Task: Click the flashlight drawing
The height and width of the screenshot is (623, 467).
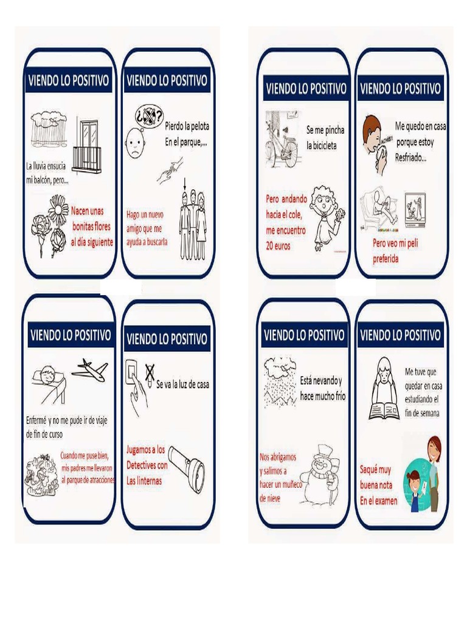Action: pyautogui.click(x=187, y=465)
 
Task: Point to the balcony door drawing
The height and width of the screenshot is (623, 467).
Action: pyautogui.click(x=89, y=144)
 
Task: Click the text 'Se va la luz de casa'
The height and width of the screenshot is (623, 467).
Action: pyautogui.click(x=183, y=384)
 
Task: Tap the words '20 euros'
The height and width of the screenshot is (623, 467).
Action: pyautogui.click(x=278, y=246)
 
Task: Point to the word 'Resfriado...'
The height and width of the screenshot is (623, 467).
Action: pyautogui.click(x=411, y=158)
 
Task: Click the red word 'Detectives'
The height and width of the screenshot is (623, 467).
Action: pyautogui.click(x=147, y=465)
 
